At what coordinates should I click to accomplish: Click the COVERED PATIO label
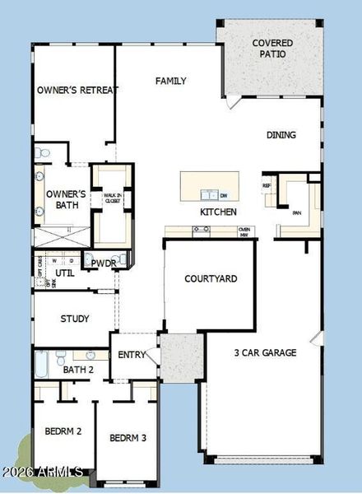click(269, 48)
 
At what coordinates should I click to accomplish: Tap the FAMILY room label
click(170, 81)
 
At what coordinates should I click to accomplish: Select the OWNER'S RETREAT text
click(77, 90)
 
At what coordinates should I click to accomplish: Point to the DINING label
click(281, 135)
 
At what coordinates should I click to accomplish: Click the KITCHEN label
click(218, 212)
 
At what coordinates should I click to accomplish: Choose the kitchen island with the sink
click(210, 185)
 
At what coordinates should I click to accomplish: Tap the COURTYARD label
click(211, 279)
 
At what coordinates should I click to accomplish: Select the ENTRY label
click(132, 355)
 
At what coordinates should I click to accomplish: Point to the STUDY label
click(75, 319)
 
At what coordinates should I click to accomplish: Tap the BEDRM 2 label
click(63, 431)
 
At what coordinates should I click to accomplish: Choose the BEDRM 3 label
click(128, 437)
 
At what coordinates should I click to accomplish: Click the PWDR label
click(103, 263)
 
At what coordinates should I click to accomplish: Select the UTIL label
click(64, 273)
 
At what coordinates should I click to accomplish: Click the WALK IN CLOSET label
click(113, 198)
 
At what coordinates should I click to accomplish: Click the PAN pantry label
click(297, 213)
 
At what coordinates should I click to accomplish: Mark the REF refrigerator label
click(267, 186)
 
